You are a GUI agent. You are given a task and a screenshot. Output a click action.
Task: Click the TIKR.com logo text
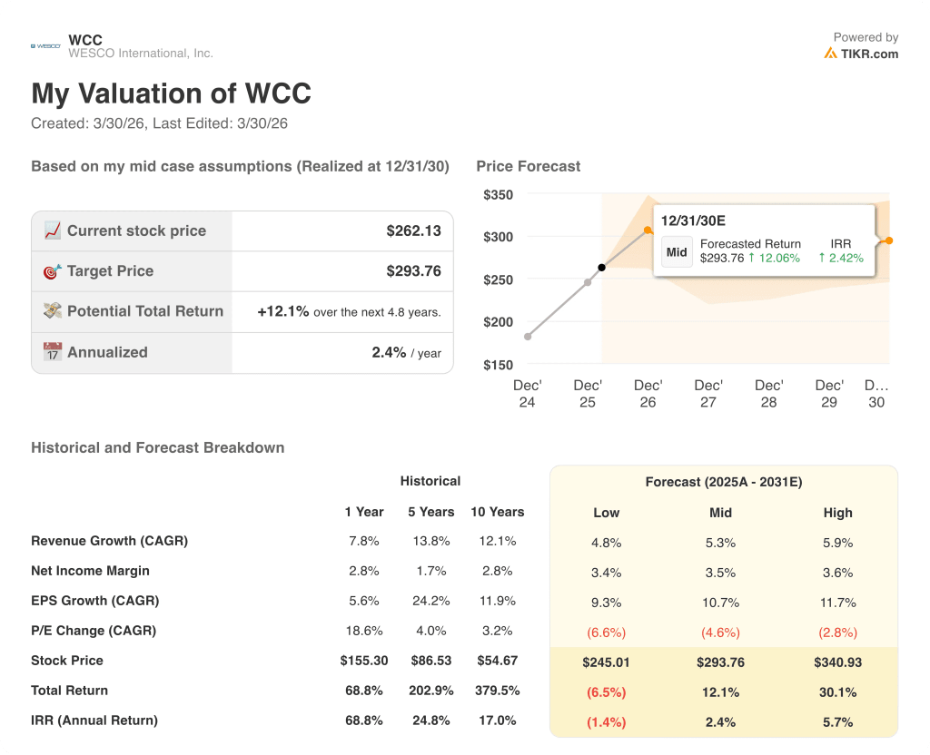click(868, 54)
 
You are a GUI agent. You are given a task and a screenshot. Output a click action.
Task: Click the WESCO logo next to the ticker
click(45, 45)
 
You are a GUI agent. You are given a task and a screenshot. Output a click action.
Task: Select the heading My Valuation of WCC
click(171, 93)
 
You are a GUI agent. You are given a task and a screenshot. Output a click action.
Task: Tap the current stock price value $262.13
click(413, 230)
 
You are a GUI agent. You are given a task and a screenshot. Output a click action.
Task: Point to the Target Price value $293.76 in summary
click(413, 270)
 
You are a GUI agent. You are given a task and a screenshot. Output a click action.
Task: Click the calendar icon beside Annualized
click(53, 352)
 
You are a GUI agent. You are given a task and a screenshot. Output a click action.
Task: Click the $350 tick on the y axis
click(498, 195)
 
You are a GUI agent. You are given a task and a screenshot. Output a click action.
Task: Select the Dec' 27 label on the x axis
click(708, 394)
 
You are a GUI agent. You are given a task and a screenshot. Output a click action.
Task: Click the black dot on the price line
click(601, 268)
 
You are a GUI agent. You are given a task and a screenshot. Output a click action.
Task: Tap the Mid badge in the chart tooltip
click(677, 252)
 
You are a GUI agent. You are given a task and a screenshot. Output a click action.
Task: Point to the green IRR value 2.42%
click(841, 258)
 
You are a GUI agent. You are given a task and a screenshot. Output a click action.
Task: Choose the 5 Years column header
click(430, 512)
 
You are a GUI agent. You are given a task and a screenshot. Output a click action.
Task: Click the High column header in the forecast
click(837, 513)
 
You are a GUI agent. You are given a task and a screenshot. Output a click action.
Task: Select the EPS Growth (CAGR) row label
click(94, 601)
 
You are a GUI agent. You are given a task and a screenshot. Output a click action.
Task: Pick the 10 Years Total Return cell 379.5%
click(497, 691)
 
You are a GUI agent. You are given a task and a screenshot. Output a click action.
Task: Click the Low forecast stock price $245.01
click(606, 662)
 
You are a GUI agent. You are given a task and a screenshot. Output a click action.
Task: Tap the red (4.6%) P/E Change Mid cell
click(720, 632)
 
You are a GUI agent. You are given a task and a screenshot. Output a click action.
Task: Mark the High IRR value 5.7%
click(837, 721)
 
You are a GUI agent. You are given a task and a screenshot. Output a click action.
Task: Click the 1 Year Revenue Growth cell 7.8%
click(361, 541)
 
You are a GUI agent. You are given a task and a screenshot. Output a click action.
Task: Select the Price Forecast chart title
click(528, 166)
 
